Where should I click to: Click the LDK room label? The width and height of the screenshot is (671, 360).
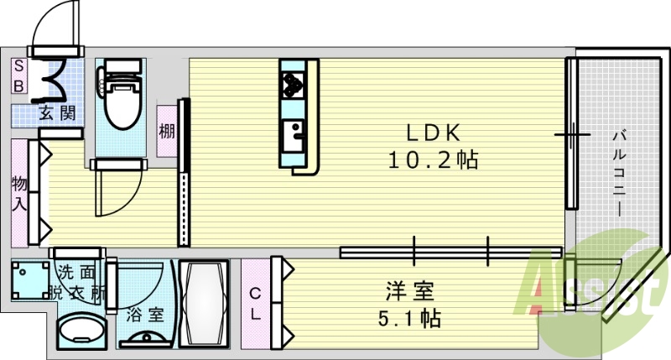[432, 132]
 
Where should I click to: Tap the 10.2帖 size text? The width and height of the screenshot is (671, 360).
[432, 159]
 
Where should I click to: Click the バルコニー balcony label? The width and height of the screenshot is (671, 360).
[621, 173]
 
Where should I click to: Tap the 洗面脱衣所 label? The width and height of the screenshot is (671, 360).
[77, 283]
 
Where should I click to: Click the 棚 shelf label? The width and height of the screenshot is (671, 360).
[166, 131]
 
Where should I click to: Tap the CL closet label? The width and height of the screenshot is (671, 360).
[257, 304]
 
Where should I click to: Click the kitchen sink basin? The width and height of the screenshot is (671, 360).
[294, 133]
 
